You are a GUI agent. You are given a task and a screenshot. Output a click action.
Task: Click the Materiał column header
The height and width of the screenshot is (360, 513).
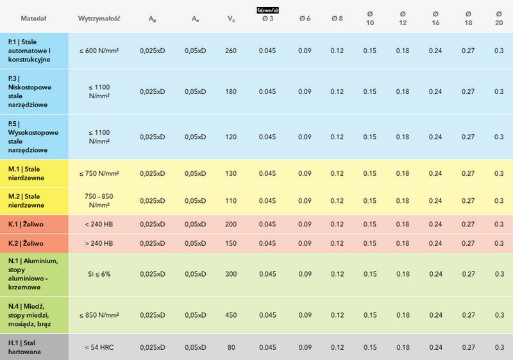[33, 19]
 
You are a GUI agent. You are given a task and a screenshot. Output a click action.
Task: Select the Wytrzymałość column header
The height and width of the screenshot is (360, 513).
[99, 19]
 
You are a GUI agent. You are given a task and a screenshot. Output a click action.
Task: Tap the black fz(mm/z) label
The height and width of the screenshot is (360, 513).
[267, 10]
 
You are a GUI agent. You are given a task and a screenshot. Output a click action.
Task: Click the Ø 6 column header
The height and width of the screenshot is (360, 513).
[305, 19]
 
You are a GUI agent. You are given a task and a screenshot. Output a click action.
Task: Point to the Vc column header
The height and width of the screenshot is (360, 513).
[231, 19]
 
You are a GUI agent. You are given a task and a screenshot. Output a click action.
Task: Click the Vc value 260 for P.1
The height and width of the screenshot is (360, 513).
[231, 51]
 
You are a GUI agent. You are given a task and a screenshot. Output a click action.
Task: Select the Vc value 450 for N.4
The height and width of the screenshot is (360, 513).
[231, 315]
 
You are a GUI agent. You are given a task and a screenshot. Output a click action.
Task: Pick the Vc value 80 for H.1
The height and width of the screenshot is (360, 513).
[231, 347]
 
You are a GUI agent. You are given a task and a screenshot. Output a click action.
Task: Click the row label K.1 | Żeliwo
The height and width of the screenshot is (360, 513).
[26, 224]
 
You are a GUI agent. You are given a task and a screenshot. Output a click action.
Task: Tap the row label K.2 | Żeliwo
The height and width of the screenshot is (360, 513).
[26, 243]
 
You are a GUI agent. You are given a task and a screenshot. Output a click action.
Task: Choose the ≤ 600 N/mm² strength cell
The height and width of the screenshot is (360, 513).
[99, 51]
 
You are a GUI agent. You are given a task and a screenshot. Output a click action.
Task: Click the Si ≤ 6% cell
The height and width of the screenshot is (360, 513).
[99, 274]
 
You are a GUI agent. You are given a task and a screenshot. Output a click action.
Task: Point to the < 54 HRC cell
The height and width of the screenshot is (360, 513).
[99, 347]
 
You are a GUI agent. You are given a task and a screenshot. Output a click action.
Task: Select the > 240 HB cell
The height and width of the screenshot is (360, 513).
[99, 243]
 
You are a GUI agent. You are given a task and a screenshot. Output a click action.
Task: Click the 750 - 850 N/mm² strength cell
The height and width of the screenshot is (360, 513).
[99, 201]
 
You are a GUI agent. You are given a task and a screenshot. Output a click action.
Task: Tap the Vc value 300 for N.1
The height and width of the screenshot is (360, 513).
[231, 274]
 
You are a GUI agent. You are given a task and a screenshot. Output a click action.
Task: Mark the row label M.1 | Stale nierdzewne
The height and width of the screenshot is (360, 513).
[26, 173]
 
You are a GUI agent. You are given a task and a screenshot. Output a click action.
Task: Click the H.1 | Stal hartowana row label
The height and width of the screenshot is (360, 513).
[24, 347]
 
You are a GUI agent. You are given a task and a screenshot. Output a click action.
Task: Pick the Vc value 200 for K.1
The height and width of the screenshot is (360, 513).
[231, 224]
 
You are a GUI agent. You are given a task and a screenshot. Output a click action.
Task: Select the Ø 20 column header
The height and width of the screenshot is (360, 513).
[499, 19]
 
